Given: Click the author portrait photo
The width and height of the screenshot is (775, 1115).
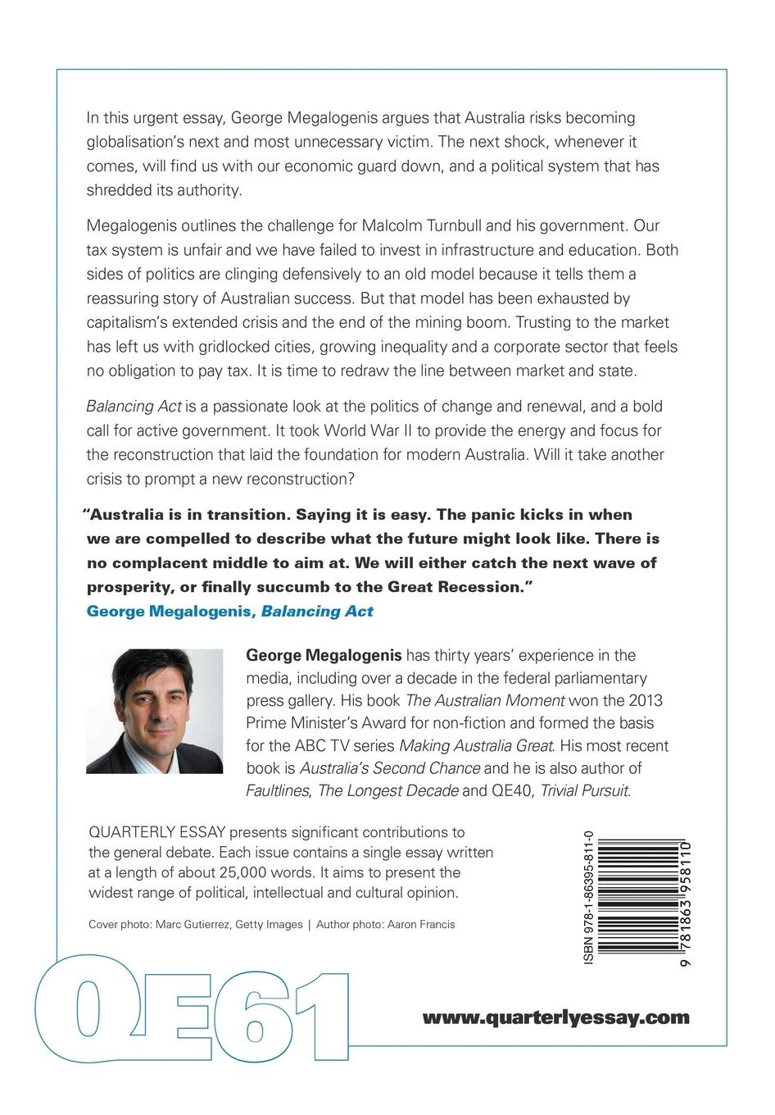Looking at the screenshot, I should coord(154,711).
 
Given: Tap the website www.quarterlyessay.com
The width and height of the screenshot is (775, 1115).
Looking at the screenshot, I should coord(555,1017).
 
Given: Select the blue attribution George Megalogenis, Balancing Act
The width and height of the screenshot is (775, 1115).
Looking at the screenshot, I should coord(229,611).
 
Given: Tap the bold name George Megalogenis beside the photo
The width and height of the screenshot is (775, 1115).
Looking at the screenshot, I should coord(324,656).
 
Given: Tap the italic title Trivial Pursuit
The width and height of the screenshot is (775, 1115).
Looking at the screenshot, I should coord(585,791).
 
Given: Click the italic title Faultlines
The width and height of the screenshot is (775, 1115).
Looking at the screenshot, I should coord(278,791).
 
